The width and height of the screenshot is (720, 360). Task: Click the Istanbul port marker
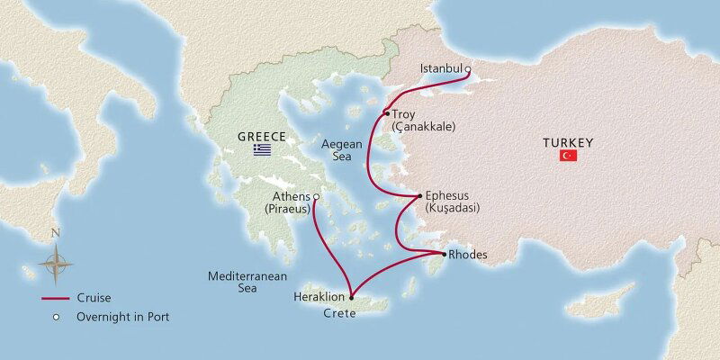pyautogui.click(x=468, y=69)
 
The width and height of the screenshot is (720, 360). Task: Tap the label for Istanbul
pyautogui.click(x=441, y=69)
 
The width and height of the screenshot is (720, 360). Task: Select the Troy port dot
pyautogui.click(x=387, y=113)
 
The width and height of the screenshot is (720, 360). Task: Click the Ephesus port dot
pyautogui.click(x=419, y=196)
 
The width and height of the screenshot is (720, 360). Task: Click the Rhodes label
pyautogui.click(x=470, y=256)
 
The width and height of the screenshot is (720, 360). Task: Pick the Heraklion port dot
pyautogui.click(x=351, y=297)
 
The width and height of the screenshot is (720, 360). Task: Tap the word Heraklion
pyautogui.click(x=319, y=296)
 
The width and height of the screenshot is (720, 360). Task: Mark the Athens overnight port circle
pyautogui.click(x=316, y=197)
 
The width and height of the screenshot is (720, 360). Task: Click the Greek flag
pyautogui.click(x=262, y=149)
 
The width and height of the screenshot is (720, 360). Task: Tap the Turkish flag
pyautogui.click(x=568, y=156)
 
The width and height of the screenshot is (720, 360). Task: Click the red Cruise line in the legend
pyautogui.click(x=57, y=298)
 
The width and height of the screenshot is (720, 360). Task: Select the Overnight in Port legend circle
pyautogui.click(x=56, y=317)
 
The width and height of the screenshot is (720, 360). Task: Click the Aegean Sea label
pyautogui.click(x=342, y=149)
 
